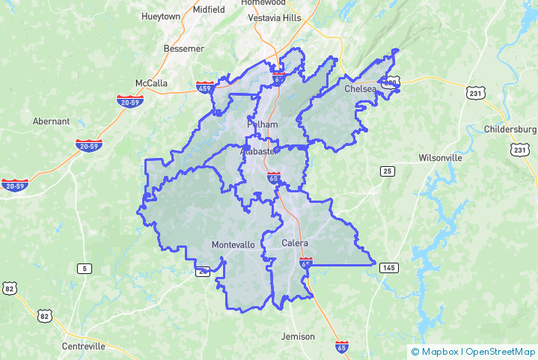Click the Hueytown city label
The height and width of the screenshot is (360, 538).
(160, 15)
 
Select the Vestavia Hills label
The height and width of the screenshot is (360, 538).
(272, 19)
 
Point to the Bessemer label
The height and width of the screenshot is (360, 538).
(183, 49)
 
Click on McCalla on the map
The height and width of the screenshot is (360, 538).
(151, 82)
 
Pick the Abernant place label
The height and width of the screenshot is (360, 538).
(51, 121)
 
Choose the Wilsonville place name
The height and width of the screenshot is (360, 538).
(440, 158)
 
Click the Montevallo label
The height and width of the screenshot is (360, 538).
(233, 245)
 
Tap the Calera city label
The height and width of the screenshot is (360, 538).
(295, 243)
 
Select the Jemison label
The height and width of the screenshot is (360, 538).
(298, 337)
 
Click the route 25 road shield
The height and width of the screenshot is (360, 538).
(387, 171)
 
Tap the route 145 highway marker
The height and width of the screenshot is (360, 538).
(388, 267)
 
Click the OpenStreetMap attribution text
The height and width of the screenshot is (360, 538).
(500, 352)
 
